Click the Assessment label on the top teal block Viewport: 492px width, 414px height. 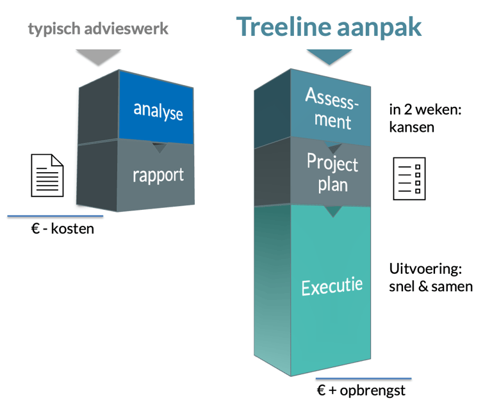(331, 107)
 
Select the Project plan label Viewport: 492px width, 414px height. (331, 171)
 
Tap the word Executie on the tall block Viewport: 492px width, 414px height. (332, 285)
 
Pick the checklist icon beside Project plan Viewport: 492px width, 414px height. (409, 179)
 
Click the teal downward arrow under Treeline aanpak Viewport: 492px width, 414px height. (329, 56)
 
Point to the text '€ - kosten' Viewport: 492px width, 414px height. (62, 228)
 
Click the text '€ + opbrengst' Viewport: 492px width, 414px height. (361, 390)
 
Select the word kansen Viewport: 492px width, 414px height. (411, 127)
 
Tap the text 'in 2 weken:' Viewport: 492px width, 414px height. (425, 109)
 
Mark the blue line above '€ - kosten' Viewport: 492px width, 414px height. (56, 216)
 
